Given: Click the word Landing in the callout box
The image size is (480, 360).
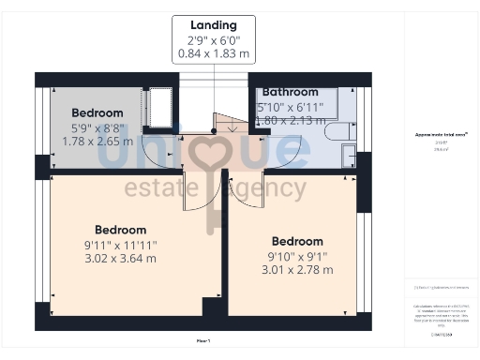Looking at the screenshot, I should click(x=213, y=25).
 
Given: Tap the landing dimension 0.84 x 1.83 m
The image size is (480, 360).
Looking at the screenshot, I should click(x=213, y=55).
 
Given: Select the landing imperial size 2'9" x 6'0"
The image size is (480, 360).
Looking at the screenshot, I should click(x=213, y=40).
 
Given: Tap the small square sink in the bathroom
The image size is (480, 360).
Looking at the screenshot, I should click(x=348, y=155).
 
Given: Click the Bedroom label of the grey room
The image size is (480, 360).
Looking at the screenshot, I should click(x=97, y=113).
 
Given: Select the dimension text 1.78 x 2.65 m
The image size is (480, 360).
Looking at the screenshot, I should click(x=97, y=142).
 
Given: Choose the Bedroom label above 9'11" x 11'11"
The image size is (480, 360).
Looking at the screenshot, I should click(x=120, y=230).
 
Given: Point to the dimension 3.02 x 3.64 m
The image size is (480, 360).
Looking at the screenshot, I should click(x=120, y=258).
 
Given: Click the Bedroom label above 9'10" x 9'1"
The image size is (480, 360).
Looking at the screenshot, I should click(x=296, y=241).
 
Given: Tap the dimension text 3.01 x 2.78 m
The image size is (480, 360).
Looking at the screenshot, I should click(x=296, y=269).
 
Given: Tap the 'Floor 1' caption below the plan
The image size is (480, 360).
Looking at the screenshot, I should click(x=203, y=339).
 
